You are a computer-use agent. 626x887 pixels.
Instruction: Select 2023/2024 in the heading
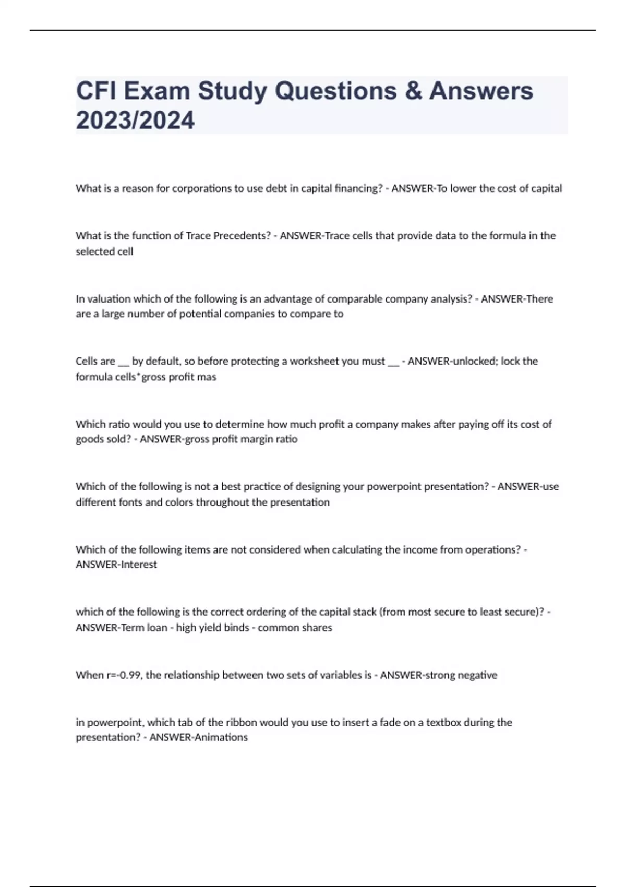(x=135, y=120)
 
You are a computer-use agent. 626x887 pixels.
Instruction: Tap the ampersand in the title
(x=413, y=91)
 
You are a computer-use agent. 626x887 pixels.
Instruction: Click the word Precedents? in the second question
(x=243, y=236)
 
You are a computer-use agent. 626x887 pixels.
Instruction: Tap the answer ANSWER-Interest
(x=116, y=565)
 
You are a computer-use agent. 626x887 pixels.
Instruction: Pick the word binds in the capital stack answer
(x=236, y=628)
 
